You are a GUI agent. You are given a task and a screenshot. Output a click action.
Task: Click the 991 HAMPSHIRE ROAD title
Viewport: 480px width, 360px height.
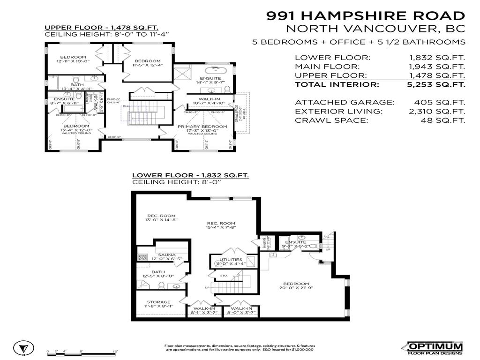[x=366, y=15]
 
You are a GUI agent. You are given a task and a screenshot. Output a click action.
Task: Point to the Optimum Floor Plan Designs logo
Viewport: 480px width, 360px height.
[x=435, y=347]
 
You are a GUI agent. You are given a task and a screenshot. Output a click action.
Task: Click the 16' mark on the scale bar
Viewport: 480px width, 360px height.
[x=115, y=352]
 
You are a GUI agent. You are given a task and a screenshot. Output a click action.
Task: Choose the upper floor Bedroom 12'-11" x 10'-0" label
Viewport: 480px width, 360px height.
[x=73, y=59]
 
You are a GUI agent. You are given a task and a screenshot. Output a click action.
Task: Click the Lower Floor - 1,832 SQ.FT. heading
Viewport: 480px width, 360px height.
[x=190, y=175]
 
